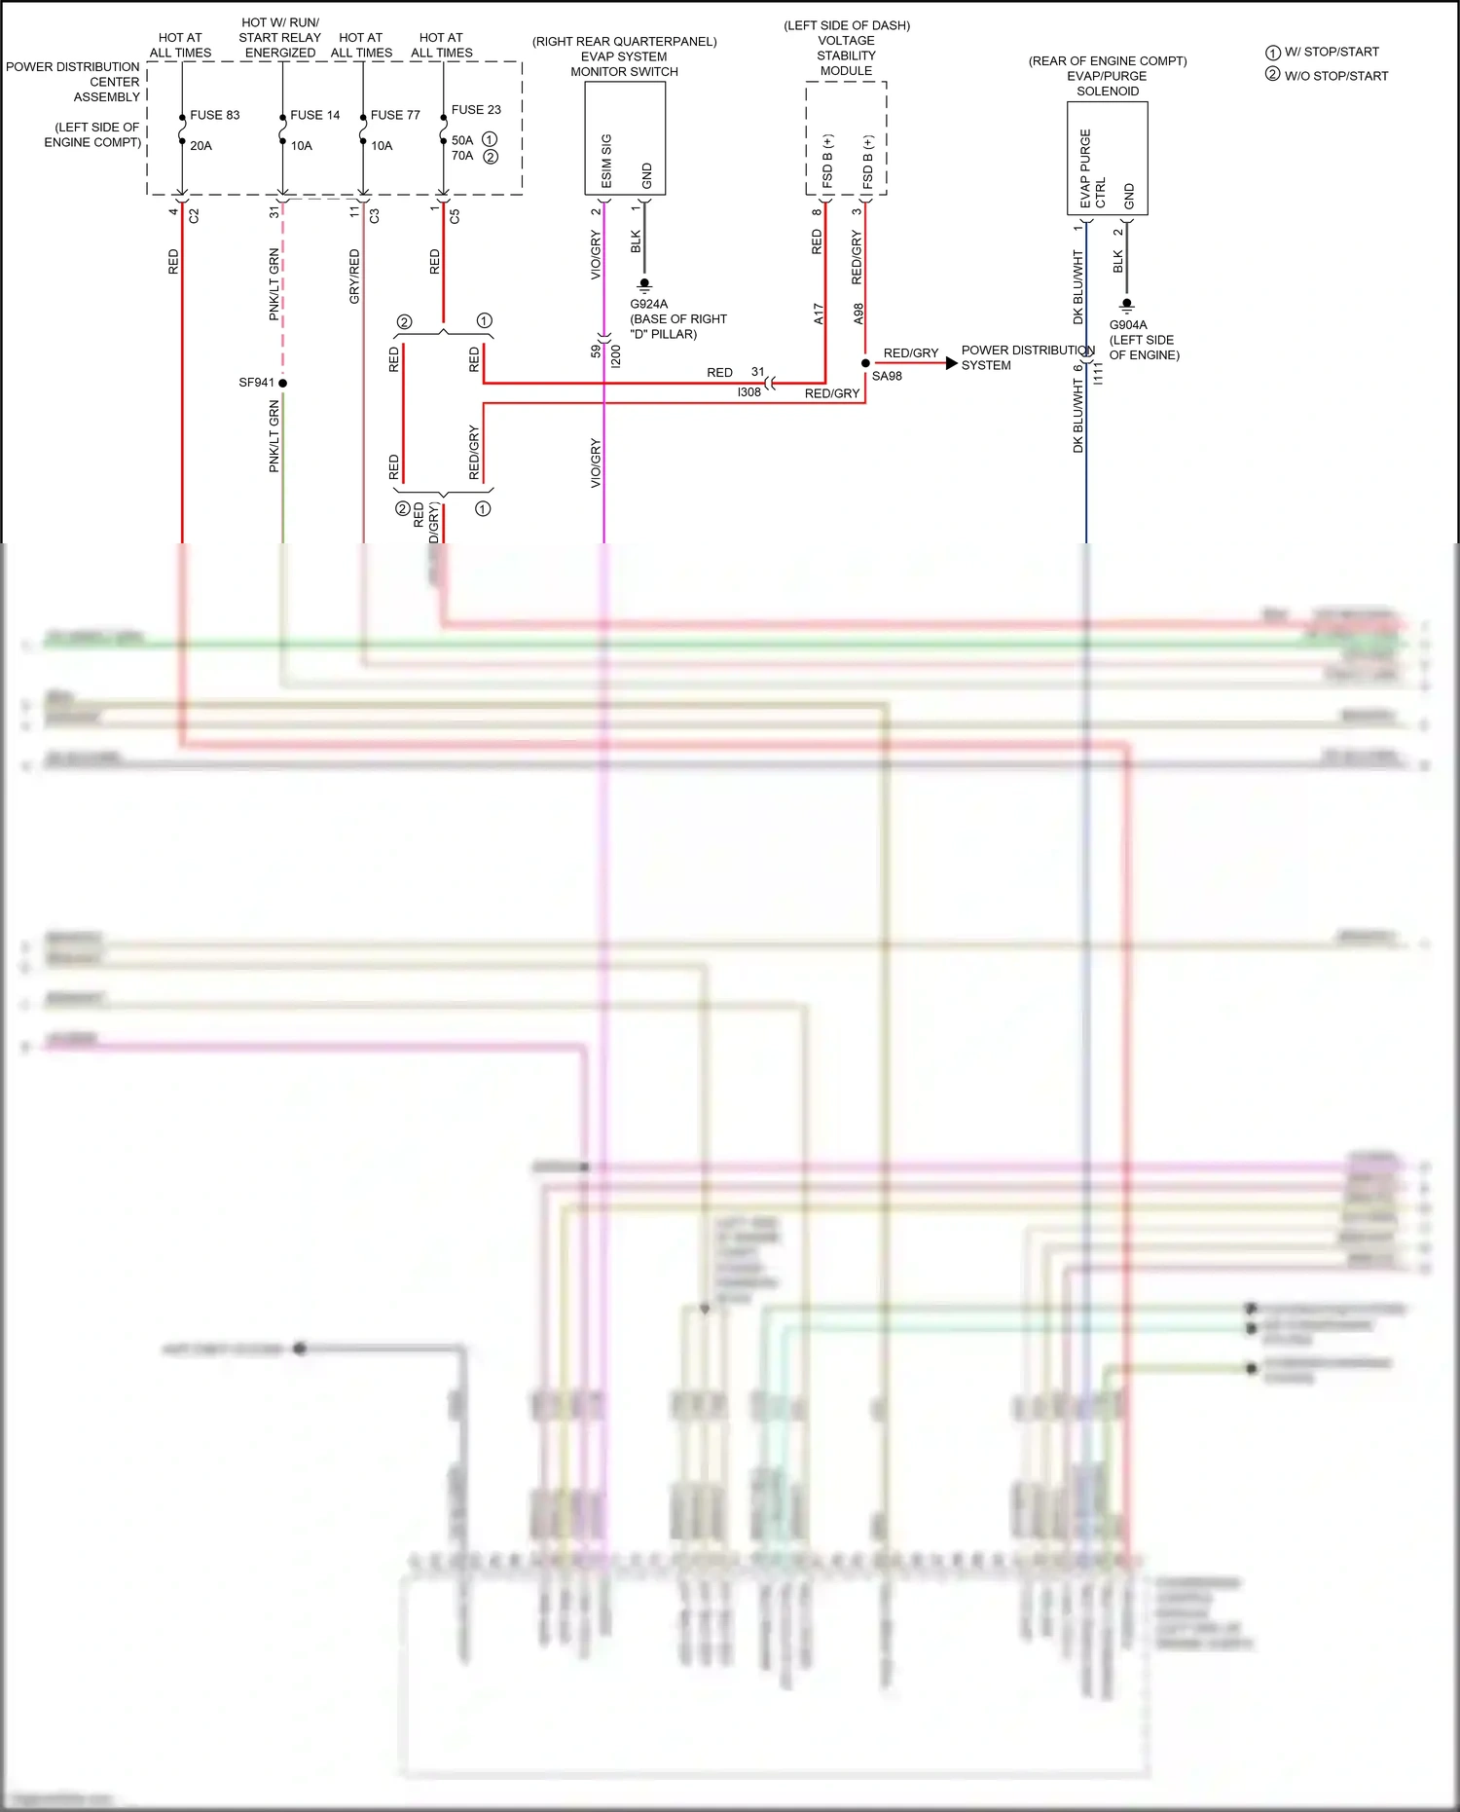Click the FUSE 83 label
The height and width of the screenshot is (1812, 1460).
214,115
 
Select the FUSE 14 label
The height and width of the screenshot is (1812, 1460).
314,115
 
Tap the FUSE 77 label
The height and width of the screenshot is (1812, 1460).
395,115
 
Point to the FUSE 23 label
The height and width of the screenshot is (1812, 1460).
476,110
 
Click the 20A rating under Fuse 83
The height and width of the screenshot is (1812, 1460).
201,146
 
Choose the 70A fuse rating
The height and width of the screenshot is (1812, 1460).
462,156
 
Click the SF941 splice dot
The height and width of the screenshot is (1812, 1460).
282,383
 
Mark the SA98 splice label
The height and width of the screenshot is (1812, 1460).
887,377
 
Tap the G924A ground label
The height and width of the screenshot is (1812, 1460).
649,304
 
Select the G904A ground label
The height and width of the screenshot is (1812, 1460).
1128,325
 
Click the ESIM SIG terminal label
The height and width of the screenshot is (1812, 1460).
606,161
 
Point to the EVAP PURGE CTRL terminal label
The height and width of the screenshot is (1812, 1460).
1092,169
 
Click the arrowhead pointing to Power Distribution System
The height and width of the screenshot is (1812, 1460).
951,363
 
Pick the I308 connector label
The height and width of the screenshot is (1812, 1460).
748,392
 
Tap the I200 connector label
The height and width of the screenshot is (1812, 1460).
616,356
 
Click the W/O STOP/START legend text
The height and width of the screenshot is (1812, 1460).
1335,76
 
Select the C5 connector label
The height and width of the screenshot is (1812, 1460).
455,216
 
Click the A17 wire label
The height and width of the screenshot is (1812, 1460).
819,314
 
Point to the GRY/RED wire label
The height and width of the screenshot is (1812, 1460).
354,277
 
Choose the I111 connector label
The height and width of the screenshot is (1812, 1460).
1099,373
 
